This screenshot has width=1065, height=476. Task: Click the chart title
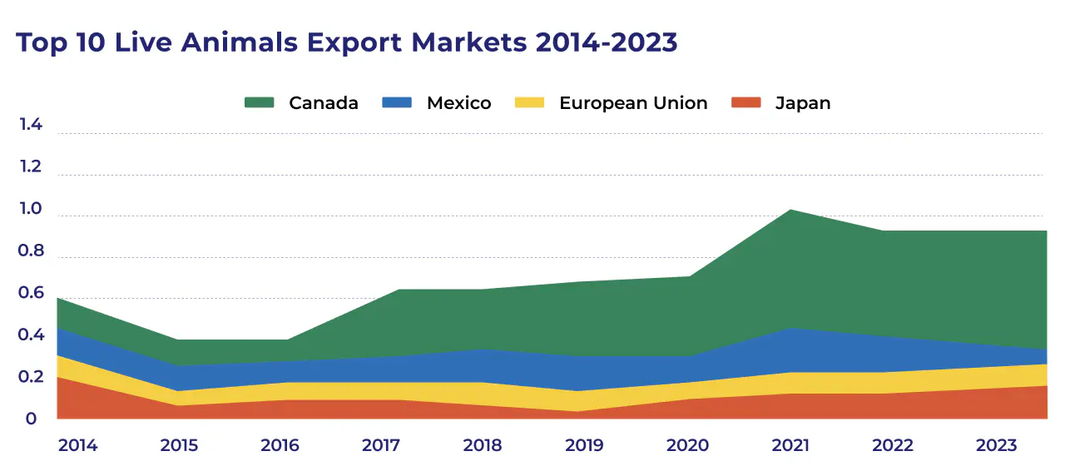(x=347, y=42)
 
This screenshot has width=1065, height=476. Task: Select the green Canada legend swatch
(x=259, y=103)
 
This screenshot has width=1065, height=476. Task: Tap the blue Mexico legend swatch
(x=396, y=103)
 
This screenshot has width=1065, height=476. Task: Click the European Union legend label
(x=632, y=103)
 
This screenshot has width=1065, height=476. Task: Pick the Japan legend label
(x=802, y=103)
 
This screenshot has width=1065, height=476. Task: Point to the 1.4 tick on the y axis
(x=31, y=126)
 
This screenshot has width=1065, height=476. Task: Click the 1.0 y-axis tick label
(x=31, y=210)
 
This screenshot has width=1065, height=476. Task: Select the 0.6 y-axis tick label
(x=31, y=293)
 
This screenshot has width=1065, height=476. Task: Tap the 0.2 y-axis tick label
(x=31, y=377)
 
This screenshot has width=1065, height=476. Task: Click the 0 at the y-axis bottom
(x=31, y=419)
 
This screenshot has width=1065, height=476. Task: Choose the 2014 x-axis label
(x=77, y=445)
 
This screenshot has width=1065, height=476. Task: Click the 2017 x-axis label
(x=382, y=445)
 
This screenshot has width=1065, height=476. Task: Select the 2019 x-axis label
(x=585, y=445)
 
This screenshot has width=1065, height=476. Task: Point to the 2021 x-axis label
(x=790, y=445)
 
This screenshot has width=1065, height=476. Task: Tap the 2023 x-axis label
(x=996, y=445)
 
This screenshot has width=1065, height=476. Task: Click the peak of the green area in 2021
(x=790, y=210)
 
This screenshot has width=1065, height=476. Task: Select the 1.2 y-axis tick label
(x=31, y=167)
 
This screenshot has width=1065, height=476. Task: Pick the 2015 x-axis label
(x=179, y=445)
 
